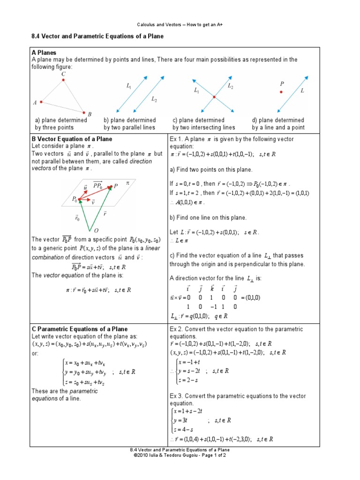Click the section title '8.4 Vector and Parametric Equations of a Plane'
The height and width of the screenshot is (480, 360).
97,37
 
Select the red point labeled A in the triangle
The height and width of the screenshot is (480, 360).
41,102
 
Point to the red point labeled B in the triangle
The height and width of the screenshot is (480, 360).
84,112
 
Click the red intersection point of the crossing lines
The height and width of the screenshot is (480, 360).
214,97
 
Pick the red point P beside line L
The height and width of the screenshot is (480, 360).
281,92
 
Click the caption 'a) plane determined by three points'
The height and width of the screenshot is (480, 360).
59,124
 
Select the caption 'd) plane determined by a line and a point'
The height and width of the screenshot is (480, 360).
278,124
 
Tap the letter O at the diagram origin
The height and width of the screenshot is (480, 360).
96,230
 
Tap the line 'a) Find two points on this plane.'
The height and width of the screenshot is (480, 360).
211,169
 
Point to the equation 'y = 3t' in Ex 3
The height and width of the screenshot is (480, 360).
181,420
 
